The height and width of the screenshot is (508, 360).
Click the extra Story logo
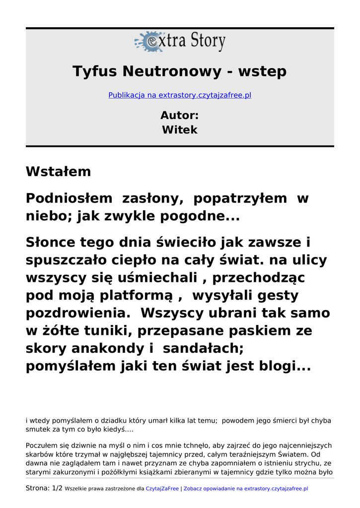click(x=180, y=42)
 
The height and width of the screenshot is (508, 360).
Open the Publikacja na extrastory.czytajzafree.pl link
click(x=180, y=95)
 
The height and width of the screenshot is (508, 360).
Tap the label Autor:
click(x=180, y=116)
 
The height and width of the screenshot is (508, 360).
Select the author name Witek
click(x=180, y=130)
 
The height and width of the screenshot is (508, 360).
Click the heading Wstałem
click(x=59, y=172)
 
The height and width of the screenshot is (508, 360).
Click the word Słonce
click(x=51, y=243)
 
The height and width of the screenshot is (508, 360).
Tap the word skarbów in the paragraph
click(x=38, y=454)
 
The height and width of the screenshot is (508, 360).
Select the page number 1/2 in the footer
click(x=57, y=488)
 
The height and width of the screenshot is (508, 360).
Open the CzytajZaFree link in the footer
click(x=162, y=489)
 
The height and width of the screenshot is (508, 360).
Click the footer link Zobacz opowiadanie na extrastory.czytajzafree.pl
click(x=246, y=489)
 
